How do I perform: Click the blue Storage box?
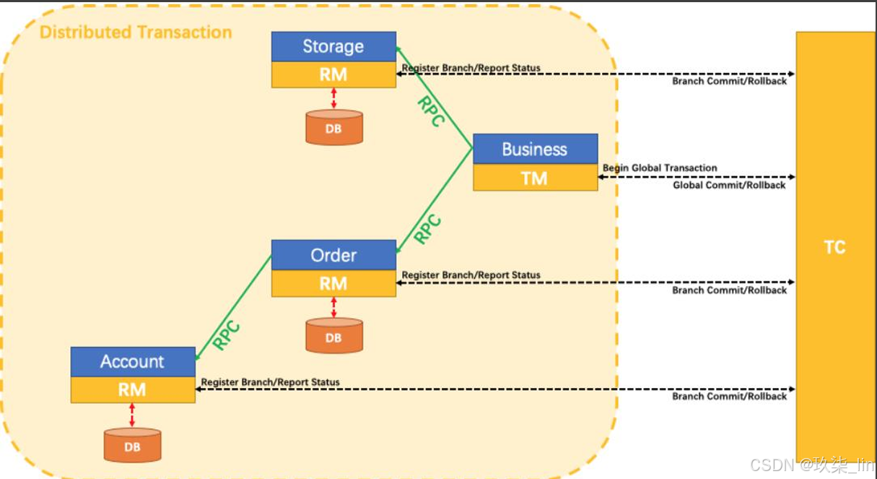pyautogui.click(x=333, y=47)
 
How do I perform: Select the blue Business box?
pyautogui.click(x=535, y=150)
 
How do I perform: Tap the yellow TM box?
pyautogui.click(x=535, y=178)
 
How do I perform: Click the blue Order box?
pyautogui.click(x=333, y=255)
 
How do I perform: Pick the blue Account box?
pyautogui.click(x=133, y=361)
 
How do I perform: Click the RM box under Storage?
pyautogui.click(x=333, y=74)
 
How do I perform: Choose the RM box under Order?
pyautogui.click(x=333, y=283)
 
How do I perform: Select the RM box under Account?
pyautogui.click(x=133, y=389)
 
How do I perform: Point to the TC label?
pyautogui.click(x=834, y=247)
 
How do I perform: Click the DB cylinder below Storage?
pyautogui.click(x=333, y=128)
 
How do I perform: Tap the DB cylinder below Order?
pyautogui.click(x=333, y=337)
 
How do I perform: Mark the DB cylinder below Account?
pyautogui.click(x=132, y=446)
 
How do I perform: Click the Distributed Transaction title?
pyautogui.click(x=136, y=33)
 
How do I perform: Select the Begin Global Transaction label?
pyautogui.click(x=660, y=168)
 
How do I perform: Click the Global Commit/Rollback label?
pyautogui.click(x=729, y=186)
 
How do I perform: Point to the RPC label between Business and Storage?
pyautogui.click(x=429, y=112)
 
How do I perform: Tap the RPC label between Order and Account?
pyautogui.click(x=226, y=335)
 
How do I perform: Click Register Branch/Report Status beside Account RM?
pyautogui.click(x=270, y=382)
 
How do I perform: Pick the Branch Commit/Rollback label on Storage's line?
pyautogui.click(x=729, y=82)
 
